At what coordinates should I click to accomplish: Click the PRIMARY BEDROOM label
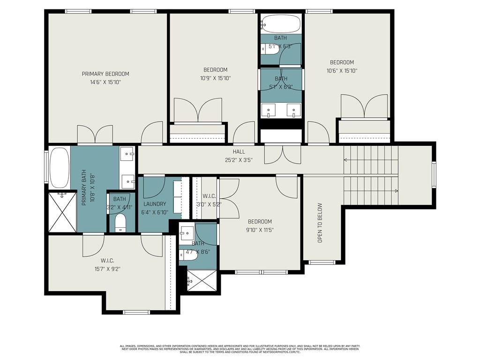[x=105, y=74]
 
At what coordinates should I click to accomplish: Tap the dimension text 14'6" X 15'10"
[x=105, y=82]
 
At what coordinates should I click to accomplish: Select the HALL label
[x=239, y=152]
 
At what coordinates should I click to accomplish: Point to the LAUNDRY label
[x=155, y=204]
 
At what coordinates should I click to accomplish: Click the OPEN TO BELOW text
[x=320, y=222]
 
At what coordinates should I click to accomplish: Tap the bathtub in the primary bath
[x=59, y=167]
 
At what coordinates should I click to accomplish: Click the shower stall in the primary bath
[x=62, y=212]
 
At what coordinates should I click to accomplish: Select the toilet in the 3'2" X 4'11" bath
[x=120, y=223]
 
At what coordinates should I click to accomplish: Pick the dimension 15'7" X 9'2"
[x=107, y=269]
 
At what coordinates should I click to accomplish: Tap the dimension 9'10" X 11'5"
[x=260, y=230]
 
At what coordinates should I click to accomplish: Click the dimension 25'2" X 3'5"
[x=239, y=159]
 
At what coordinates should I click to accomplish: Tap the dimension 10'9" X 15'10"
[x=215, y=78]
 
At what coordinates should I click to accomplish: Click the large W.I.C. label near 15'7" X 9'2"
[x=107, y=261]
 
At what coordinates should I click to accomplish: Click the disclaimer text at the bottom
[x=240, y=349]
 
